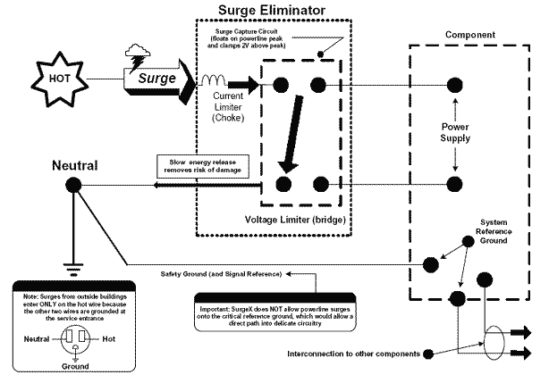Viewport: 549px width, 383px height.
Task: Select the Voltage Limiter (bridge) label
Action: pos(295,219)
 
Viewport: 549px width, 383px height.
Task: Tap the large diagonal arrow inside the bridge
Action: pos(290,144)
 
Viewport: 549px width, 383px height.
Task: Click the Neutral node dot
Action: pos(72,185)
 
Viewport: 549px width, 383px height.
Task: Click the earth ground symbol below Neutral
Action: pos(72,265)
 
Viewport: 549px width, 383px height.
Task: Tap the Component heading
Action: pos(470,35)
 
